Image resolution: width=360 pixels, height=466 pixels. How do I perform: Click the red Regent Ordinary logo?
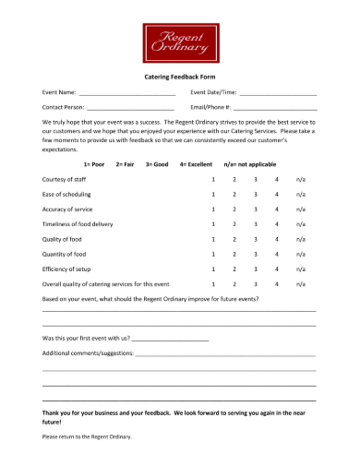click(180, 42)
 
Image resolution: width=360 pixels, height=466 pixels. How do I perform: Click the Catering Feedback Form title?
click(180, 78)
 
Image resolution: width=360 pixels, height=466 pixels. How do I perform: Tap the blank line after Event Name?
click(126, 94)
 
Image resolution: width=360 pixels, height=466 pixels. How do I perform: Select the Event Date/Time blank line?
click(278, 94)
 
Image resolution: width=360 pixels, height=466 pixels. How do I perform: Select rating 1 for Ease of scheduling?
click(213, 194)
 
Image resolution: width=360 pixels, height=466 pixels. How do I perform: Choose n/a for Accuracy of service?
click(300, 209)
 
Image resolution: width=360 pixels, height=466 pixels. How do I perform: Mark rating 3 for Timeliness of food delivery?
click(256, 223)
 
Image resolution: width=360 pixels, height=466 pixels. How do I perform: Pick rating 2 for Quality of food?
click(234, 239)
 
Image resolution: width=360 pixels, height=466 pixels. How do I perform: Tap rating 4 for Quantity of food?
click(276, 254)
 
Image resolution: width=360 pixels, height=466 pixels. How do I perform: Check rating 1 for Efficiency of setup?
click(213, 269)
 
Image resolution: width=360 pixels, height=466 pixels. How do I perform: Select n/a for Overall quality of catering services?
click(300, 284)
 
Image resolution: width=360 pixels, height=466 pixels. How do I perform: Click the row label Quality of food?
click(65, 239)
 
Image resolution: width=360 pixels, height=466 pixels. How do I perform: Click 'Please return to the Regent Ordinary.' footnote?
click(87, 436)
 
